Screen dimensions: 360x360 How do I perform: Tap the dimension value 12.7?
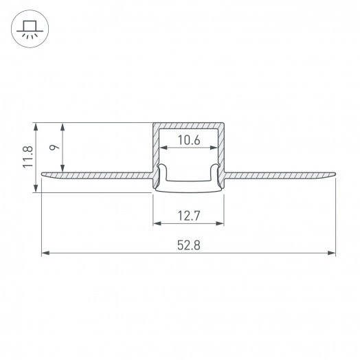[x=188, y=216]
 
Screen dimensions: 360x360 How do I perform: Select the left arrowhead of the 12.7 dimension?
[x=156, y=223]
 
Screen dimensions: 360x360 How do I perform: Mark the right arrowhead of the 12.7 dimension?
[x=222, y=223]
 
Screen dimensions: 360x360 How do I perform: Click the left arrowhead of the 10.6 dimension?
[x=164, y=148]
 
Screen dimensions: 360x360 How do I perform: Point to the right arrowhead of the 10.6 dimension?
[x=214, y=148]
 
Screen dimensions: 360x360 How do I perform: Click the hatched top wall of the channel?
[x=189, y=126]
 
